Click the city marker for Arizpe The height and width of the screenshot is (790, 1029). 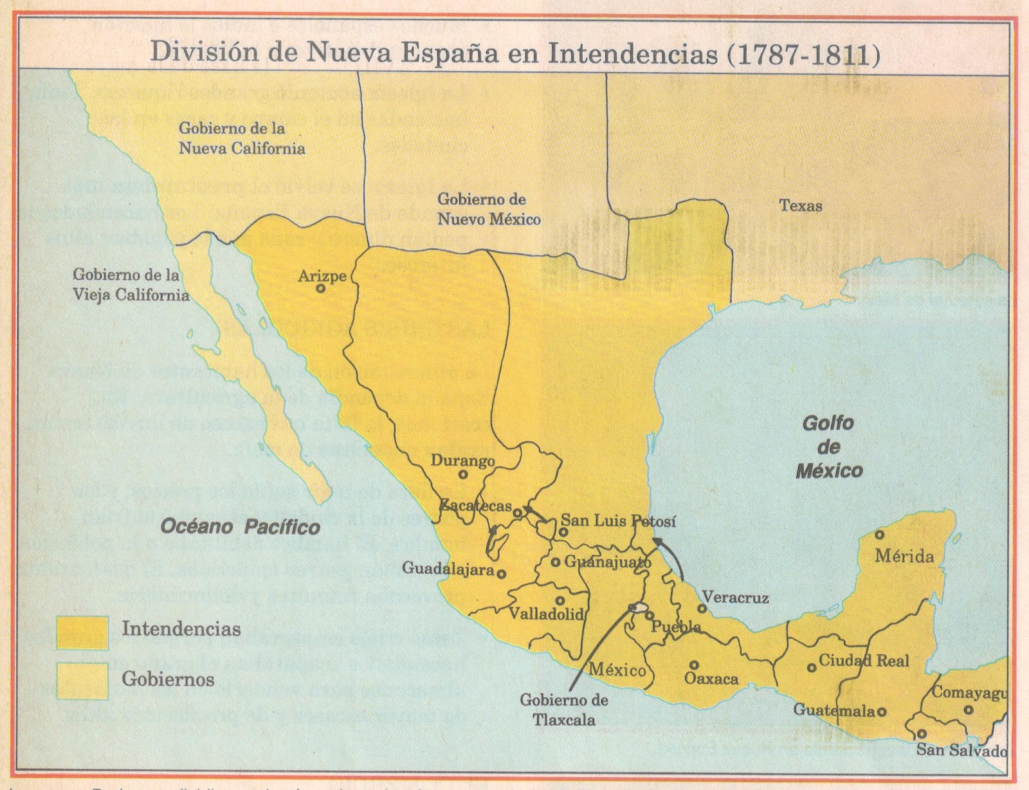click(320, 289)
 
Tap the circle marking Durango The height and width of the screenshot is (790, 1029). click(462, 475)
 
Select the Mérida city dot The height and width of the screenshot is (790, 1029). click(880, 535)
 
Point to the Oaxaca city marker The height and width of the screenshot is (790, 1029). click(694, 665)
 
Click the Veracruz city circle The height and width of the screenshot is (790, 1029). click(703, 608)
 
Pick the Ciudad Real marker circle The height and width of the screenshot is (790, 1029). click(812, 668)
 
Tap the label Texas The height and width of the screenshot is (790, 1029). click(801, 206)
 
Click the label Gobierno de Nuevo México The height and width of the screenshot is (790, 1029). click(489, 209)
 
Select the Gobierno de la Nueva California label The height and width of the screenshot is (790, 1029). click(241, 138)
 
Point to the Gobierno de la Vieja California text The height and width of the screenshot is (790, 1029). click(131, 285)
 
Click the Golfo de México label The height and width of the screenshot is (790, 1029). click(828, 447)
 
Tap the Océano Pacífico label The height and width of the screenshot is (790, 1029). click(240, 528)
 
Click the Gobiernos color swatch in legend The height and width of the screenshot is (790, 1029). click(82, 680)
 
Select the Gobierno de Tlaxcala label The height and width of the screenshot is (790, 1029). click(564, 710)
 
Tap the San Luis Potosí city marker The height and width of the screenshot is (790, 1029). click(563, 532)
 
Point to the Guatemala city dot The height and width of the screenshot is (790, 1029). click(882, 712)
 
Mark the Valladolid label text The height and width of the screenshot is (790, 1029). click(546, 613)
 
